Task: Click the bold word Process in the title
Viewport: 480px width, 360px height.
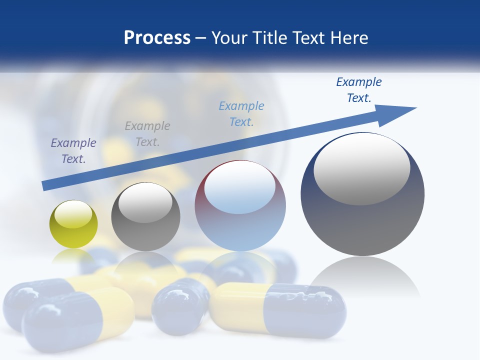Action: pos(157,38)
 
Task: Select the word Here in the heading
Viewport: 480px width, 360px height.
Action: pos(349,38)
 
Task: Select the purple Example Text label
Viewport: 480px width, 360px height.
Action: pos(73,151)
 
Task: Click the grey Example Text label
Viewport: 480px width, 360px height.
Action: pos(147,134)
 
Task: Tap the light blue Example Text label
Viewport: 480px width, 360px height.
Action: pos(241,114)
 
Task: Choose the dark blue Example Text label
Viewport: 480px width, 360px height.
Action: pos(359,90)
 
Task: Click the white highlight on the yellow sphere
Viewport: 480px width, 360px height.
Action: pos(73,214)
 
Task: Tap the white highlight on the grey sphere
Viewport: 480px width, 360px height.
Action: pos(145,202)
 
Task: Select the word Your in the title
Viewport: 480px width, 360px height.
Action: pos(228,38)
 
